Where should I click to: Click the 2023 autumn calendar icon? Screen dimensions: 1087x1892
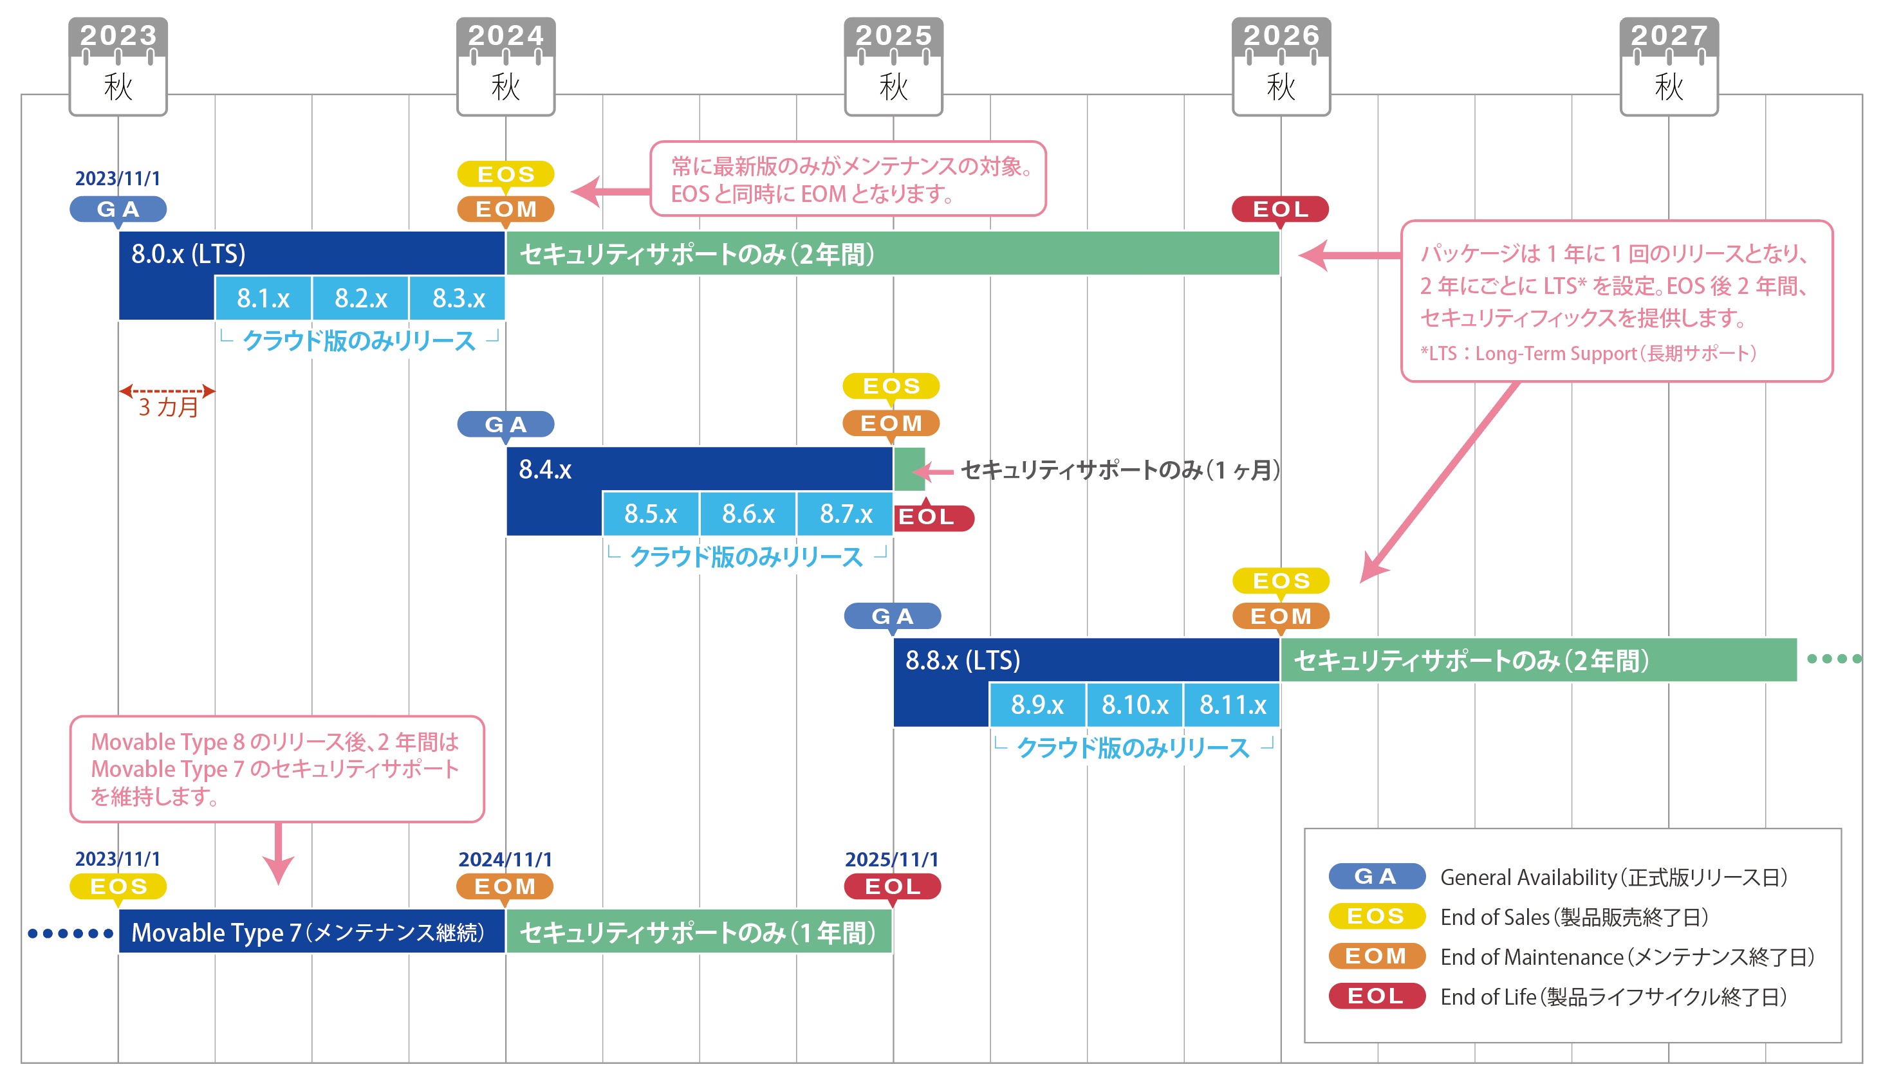click(x=118, y=66)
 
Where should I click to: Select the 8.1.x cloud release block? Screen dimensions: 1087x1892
click(x=263, y=298)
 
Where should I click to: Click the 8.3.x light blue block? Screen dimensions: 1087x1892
click(x=458, y=298)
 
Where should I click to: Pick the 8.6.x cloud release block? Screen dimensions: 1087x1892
click(x=748, y=514)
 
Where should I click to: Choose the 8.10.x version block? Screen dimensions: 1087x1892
click(x=1135, y=704)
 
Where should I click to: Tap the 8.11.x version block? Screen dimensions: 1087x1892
click(x=1232, y=704)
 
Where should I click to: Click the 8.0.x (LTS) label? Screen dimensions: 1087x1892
click(x=188, y=254)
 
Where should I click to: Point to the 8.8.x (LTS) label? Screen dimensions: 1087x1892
click(x=963, y=660)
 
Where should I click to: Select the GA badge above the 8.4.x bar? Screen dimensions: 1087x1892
click(x=506, y=424)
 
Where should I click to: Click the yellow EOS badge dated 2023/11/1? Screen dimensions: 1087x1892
click(x=118, y=886)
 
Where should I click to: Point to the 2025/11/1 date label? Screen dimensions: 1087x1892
click(x=891, y=859)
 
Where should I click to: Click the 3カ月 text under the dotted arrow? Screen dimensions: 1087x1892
click(x=169, y=407)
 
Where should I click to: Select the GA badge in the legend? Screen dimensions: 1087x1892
click(x=1376, y=876)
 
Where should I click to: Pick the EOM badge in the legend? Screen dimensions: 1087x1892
click(x=1376, y=956)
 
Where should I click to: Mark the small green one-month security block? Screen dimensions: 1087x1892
click(x=910, y=469)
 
